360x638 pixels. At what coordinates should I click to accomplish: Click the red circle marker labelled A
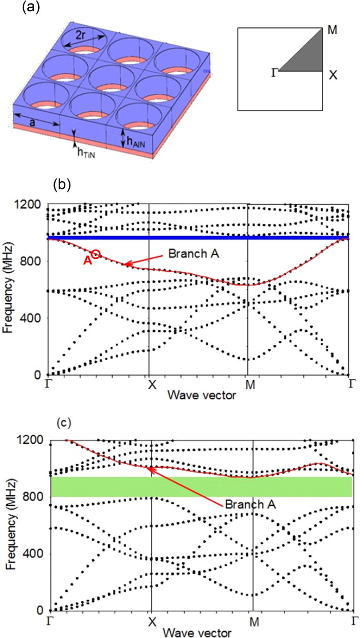tap(96, 254)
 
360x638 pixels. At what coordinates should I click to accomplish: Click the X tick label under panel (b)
tap(149, 385)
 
